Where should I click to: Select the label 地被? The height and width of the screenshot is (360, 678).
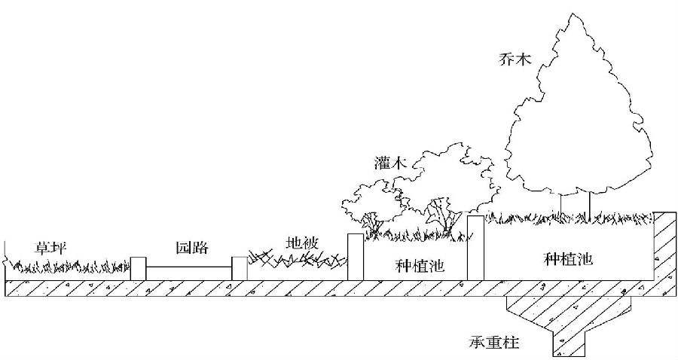[x=304, y=243]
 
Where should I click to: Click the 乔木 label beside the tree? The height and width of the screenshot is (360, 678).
[x=515, y=57]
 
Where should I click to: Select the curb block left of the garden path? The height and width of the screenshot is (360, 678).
[x=138, y=268]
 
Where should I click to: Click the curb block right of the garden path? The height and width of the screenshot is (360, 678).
[x=239, y=268]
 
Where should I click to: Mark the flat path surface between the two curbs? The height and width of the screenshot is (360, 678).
[x=188, y=267]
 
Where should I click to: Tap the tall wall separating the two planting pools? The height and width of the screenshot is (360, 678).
[x=475, y=247]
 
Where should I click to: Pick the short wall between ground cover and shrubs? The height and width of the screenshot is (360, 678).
[x=355, y=257]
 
